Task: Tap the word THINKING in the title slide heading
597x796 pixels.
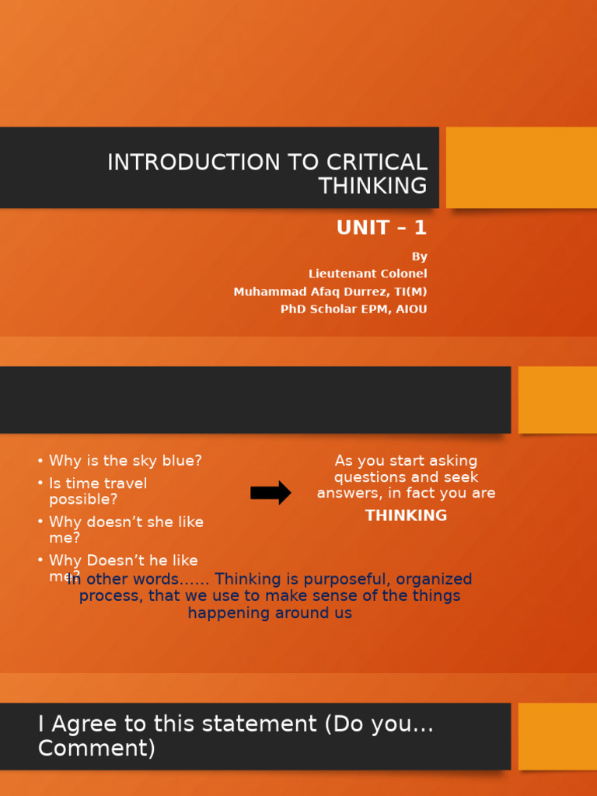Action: (x=372, y=186)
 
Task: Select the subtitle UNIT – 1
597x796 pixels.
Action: (x=382, y=228)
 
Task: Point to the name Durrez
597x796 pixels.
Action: (x=368, y=292)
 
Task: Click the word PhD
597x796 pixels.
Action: (x=294, y=309)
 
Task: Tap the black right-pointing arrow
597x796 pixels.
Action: (x=271, y=493)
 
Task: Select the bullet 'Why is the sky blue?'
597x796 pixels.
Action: (x=125, y=461)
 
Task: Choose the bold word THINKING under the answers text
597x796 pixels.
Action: (x=406, y=515)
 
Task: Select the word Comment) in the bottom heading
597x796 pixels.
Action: (x=96, y=749)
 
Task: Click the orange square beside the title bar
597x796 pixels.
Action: (x=522, y=167)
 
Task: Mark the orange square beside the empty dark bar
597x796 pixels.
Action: (x=557, y=400)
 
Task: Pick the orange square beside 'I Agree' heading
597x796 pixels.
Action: (x=557, y=736)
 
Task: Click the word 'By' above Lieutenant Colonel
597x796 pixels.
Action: (x=419, y=257)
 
